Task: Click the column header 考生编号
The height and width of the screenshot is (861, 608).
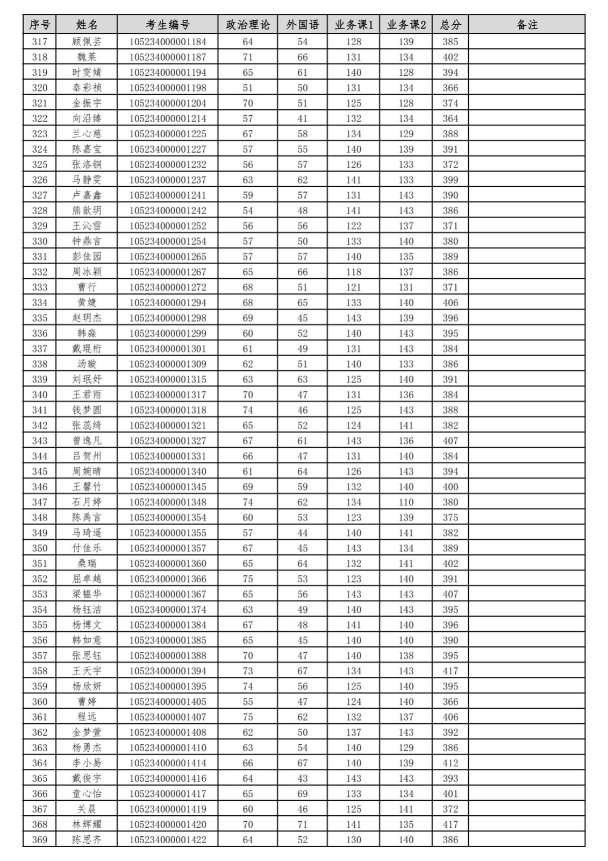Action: point(167,25)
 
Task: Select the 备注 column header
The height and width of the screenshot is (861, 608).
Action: point(526,25)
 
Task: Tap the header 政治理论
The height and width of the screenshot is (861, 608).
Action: point(247,25)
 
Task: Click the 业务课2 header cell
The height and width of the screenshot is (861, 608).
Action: point(406,25)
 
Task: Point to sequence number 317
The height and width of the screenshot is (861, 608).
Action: point(39,42)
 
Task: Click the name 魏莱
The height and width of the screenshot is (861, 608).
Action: point(87,57)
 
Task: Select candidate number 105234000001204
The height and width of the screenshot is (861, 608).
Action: point(167,103)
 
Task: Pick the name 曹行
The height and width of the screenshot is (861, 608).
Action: point(87,287)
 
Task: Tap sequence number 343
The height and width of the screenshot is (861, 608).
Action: point(39,441)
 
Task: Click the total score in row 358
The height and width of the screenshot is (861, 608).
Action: point(450,671)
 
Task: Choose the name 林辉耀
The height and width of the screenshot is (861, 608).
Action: point(87,824)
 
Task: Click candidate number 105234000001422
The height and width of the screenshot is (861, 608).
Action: point(167,840)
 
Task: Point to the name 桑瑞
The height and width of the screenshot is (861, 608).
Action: point(87,563)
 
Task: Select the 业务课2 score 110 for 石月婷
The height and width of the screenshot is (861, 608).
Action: point(406,502)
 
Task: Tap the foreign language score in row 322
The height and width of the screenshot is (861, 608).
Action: point(302,118)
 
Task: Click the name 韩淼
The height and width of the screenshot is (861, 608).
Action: point(87,334)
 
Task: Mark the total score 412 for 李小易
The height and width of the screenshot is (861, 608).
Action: point(450,763)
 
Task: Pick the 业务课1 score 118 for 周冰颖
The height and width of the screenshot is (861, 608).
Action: point(353,272)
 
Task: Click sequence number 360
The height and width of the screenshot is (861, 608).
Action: point(39,702)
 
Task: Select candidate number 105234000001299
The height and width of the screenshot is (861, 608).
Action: point(167,334)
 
